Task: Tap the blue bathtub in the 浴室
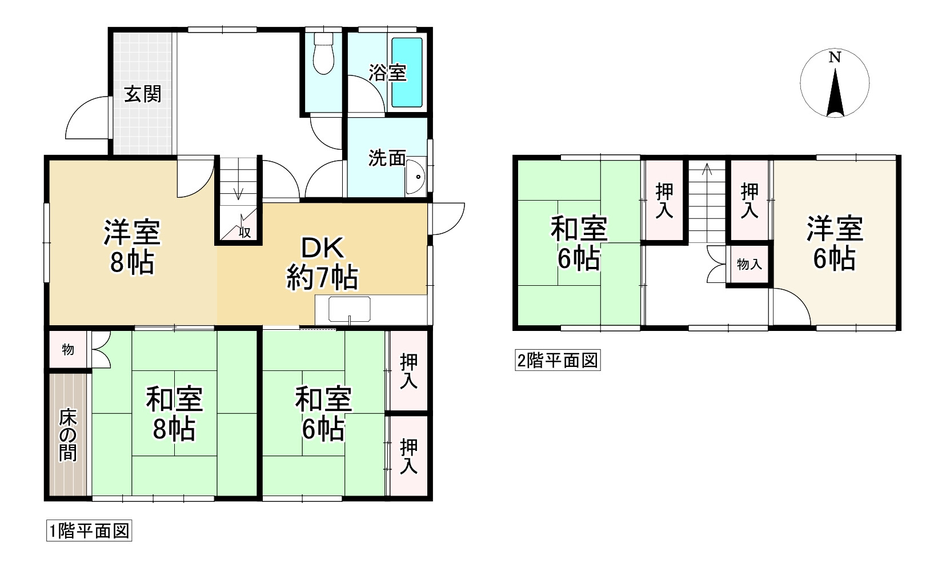tap(407, 73)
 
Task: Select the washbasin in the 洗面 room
tap(415, 177)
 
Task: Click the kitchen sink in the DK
tap(350, 309)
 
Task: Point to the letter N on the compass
tap(835, 57)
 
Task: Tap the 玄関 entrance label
tap(143, 94)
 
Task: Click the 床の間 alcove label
tap(68, 435)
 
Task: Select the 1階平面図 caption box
tap(89, 531)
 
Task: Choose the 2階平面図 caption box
tap(558, 361)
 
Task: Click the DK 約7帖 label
tap(323, 263)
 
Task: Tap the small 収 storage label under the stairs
tap(244, 232)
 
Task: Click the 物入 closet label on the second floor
tap(749, 264)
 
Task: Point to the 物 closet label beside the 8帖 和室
tap(68, 349)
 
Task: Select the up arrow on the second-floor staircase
tap(707, 170)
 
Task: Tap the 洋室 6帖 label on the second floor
tap(835, 243)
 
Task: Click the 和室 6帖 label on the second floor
tap(579, 243)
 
